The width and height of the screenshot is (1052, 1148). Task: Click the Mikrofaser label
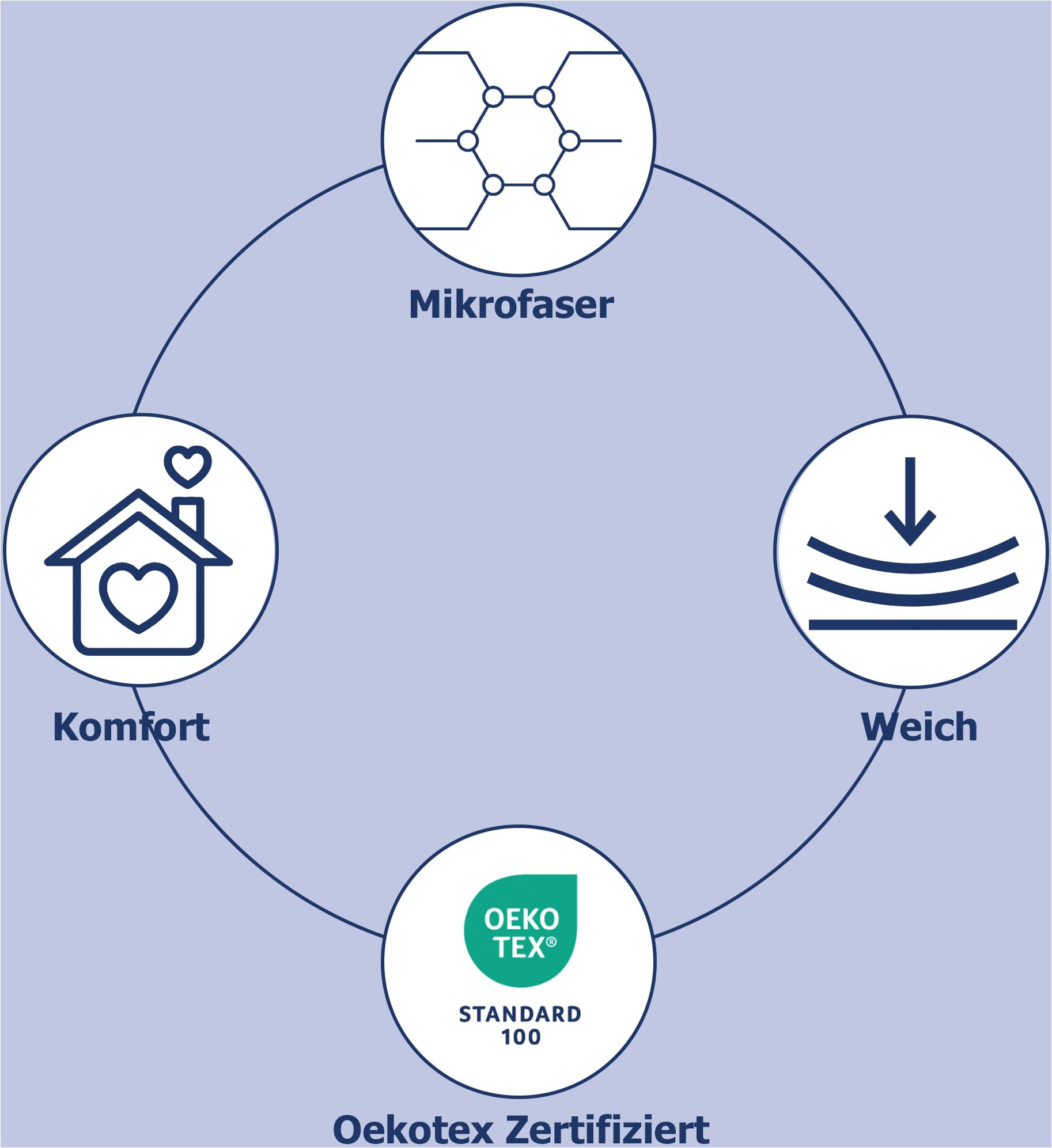[511, 305]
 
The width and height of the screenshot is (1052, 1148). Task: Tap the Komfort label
[131, 727]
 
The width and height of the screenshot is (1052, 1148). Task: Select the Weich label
[919, 727]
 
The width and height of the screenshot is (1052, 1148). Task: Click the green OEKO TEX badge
[520, 931]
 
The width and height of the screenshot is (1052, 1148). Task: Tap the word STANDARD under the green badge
[520, 1014]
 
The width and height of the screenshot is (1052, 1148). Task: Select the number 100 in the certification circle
[521, 1037]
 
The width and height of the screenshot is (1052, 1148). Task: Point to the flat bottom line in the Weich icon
[913, 625]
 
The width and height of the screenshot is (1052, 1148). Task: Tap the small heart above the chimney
[188, 464]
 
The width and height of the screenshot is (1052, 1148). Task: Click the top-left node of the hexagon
[493, 97]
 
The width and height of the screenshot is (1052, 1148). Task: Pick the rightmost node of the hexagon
[569, 140]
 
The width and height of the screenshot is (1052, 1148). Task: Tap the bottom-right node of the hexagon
[544, 185]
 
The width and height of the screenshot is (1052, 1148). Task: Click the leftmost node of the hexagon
[468, 140]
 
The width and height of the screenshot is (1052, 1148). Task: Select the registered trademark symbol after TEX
[551, 942]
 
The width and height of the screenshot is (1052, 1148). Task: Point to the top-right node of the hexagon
[544, 97]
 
